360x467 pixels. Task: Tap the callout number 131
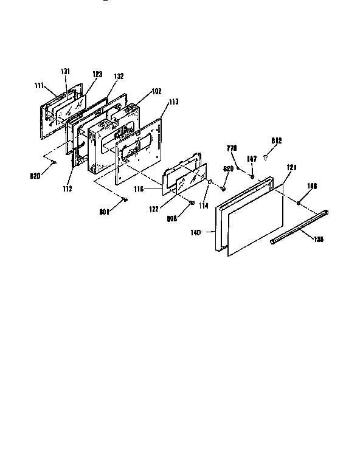point(65,71)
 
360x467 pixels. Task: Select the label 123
point(97,74)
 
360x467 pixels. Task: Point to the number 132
point(119,76)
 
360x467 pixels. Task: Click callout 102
point(156,91)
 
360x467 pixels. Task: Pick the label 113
point(173,102)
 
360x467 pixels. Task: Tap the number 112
point(67,189)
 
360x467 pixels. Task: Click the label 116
point(139,190)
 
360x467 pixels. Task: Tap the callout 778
point(231,148)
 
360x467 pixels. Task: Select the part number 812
point(277,140)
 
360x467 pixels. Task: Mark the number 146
point(312,187)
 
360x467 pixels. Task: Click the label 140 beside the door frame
point(211,232)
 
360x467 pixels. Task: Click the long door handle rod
point(299,227)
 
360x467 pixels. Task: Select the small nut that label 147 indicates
point(251,176)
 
